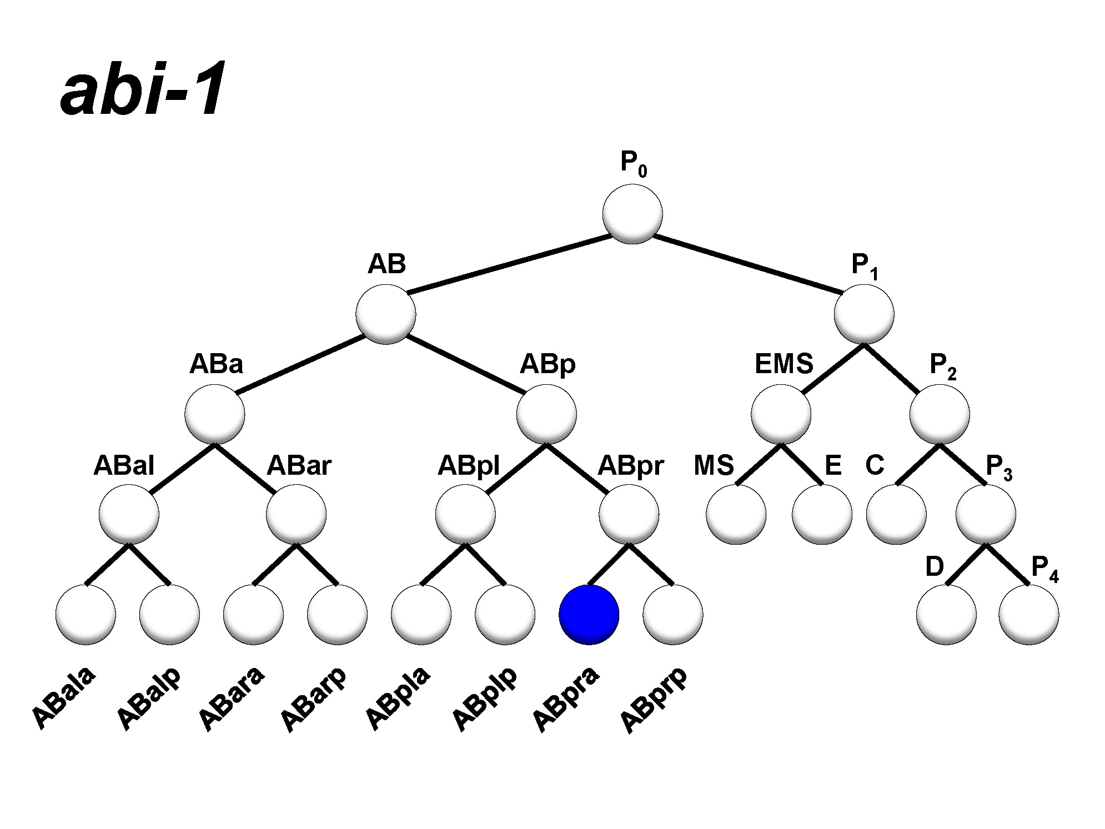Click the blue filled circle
tap(589, 614)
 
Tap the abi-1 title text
tap(143, 89)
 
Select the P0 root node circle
tap(632, 214)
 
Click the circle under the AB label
tap(386, 314)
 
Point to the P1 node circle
tap(864, 314)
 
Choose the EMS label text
tap(783, 364)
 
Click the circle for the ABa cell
tap(215, 414)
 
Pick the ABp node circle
tap(546, 414)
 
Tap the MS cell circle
tap(736, 514)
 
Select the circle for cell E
tap(822, 514)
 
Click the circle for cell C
tap(896, 514)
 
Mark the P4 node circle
tap(1028, 614)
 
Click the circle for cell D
tap(946, 614)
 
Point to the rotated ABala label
tap(63, 697)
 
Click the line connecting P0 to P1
tap(747, 264)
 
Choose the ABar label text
tap(299, 465)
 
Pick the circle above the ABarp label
tap(337, 614)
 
